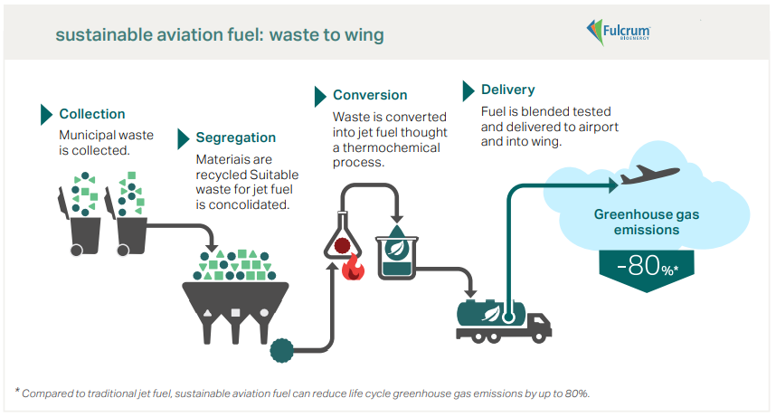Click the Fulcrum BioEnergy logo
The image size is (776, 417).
[618, 33]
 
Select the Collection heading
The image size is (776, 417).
[92, 114]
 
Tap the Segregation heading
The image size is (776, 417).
[235, 137]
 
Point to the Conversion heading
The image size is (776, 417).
[370, 95]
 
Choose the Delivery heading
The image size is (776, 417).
[507, 90]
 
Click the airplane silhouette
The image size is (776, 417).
[649, 175]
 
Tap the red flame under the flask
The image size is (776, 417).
[354, 268]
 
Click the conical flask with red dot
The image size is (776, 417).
[342, 236]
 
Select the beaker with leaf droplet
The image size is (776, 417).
[396, 252]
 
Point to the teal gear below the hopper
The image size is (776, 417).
[282, 351]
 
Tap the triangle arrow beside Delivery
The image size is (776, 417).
[468, 91]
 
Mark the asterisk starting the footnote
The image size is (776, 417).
[17, 391]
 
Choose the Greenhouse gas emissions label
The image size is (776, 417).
[647, 222]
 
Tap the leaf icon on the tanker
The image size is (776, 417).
[490, 314]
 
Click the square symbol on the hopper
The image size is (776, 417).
[235, 312]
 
